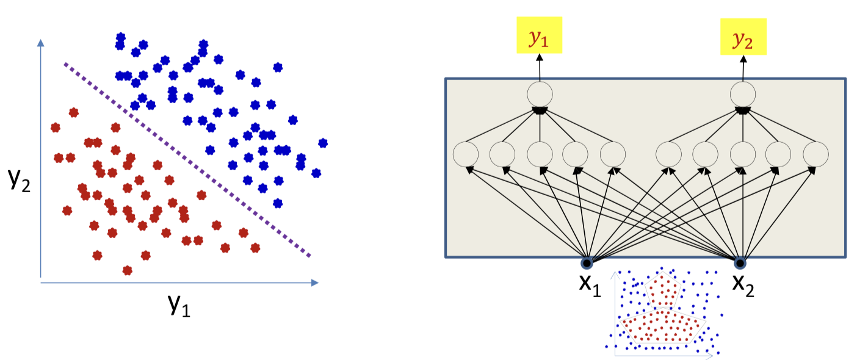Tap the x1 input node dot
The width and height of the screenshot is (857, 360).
(587, 264)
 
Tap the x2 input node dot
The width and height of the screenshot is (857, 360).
(740, 264)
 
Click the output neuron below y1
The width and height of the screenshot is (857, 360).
(540, 95)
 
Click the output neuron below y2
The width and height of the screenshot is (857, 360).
(743, 95)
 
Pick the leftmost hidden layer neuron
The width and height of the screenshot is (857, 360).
(466, 153)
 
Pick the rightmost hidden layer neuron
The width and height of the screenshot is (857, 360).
(815, 153)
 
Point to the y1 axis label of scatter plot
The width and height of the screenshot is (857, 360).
(178, 304)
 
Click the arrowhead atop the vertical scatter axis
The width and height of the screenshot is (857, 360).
(40, 43)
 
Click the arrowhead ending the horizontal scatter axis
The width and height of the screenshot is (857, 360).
(315, 283)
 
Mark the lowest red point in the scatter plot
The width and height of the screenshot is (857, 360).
(127, 270)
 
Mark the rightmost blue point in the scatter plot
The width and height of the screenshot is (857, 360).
(323, 143)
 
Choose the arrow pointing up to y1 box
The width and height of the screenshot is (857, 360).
(540, 67)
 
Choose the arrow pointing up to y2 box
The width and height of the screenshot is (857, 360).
(743, 67)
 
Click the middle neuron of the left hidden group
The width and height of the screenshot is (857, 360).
(540, 153)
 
